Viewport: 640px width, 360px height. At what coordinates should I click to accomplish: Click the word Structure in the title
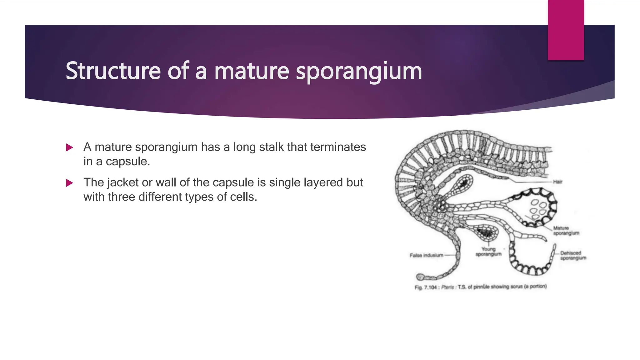113,71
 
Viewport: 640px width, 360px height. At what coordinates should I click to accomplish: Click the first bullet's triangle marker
70,147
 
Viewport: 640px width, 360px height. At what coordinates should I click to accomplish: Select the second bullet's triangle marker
70,183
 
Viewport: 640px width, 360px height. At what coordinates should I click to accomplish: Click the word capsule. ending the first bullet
128,162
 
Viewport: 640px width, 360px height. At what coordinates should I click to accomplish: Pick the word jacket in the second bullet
123,182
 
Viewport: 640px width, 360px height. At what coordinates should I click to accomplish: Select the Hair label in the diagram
557,182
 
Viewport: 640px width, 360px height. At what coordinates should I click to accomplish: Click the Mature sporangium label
566,231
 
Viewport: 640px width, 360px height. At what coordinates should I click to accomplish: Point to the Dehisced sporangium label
573,255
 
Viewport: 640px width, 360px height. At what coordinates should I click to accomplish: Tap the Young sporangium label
488,252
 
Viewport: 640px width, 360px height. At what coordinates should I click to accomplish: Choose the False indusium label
426,255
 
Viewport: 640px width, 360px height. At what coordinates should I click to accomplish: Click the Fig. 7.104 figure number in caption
425,287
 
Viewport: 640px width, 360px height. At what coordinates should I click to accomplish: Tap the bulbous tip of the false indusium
420,277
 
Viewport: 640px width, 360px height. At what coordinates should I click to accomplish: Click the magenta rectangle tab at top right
566,30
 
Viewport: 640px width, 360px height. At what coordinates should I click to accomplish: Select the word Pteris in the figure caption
447,287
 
